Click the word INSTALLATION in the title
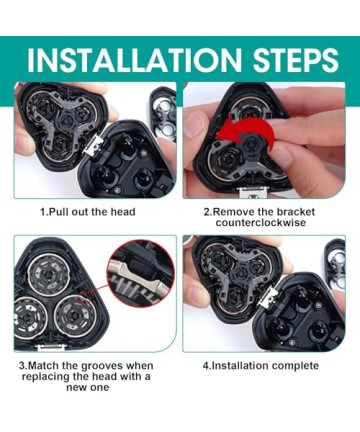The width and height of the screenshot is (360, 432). pos(133,60)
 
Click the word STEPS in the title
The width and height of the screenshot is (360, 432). pos(296,60)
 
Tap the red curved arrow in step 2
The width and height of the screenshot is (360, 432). pos(245,133)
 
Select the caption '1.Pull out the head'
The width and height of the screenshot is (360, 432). pos(88,212)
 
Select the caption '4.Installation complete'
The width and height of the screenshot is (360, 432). pos(261,366)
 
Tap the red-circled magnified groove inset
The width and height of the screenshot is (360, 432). pos(141,273)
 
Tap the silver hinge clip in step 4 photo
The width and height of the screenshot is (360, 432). pos(270,297)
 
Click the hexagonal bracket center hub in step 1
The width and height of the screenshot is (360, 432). pos(70,119)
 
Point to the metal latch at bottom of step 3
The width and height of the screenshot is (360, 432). pos(52,347)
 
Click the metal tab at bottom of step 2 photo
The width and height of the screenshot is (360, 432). pos(254,192)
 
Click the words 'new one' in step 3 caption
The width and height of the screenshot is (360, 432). pos(87,387)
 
